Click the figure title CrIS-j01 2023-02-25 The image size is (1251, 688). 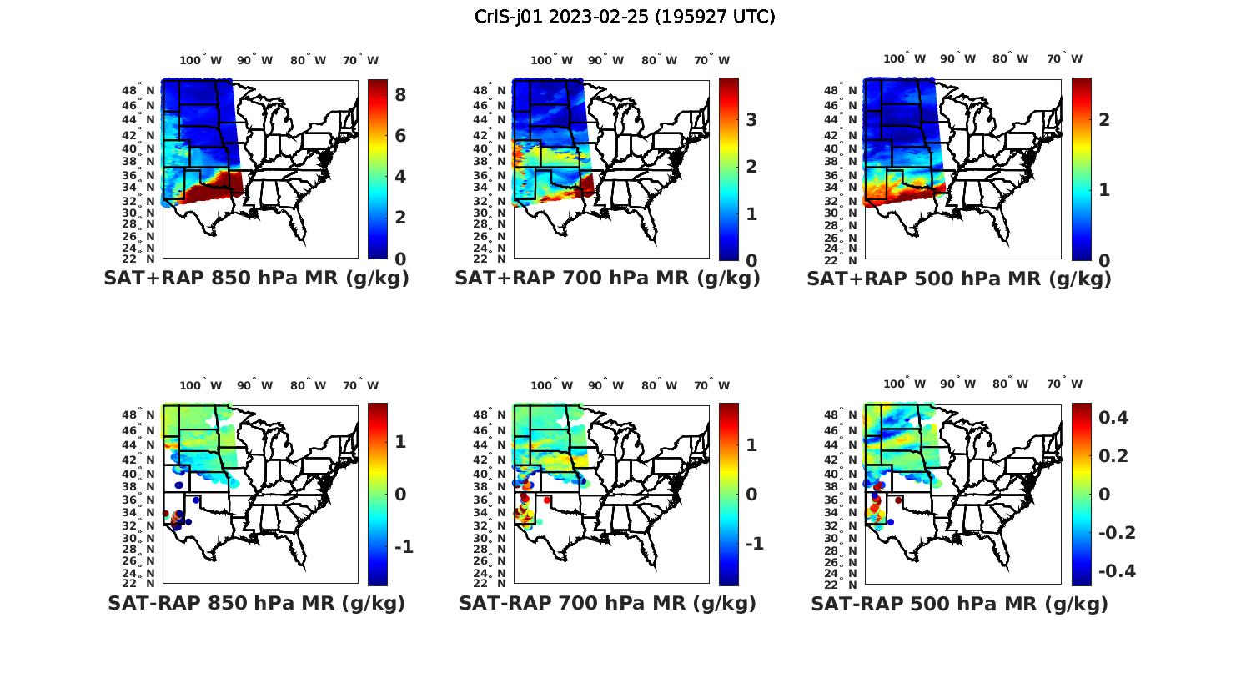click(625, 17)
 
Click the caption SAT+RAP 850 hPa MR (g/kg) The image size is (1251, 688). click(256, 279)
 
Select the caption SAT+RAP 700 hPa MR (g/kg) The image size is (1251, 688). click(607, 279)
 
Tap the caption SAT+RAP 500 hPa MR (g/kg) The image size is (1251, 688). click(959, 279)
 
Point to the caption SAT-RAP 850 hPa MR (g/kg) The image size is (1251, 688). click(256, 603)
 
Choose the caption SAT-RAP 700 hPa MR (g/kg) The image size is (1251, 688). click(607, 603)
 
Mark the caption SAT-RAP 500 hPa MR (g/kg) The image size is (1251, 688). click(959, 603)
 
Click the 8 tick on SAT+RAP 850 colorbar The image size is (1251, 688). click(400, 95)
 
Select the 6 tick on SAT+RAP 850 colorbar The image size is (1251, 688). click(400, 136)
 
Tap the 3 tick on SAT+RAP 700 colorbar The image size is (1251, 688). click(751, 120)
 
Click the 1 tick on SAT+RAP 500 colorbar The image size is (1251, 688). click(1104, 190)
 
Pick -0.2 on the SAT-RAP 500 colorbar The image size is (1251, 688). click(1115, 533)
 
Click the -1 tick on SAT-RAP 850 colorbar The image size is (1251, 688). click(404, 547)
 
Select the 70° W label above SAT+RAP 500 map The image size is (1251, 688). click(1064, 59)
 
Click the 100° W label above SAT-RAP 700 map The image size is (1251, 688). click(551, 385)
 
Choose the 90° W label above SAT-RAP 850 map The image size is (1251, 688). click(254, 385)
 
